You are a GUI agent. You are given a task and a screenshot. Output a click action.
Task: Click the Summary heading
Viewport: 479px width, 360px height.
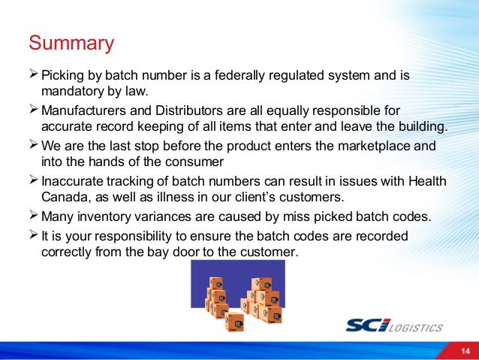[71, 42]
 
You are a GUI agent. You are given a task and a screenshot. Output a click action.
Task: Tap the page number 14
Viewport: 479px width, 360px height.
[465, 351]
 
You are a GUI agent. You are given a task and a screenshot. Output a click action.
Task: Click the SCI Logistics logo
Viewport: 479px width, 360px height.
[393, 325]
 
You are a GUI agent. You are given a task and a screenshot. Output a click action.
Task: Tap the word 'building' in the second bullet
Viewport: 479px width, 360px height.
[420, 126]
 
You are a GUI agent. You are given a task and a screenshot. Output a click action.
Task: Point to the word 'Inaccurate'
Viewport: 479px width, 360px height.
[74, 180]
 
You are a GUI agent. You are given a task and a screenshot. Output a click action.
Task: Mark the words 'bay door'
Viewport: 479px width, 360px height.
[161, 252]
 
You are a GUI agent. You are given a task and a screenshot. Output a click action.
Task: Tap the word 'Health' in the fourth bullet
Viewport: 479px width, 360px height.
[424, 180]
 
